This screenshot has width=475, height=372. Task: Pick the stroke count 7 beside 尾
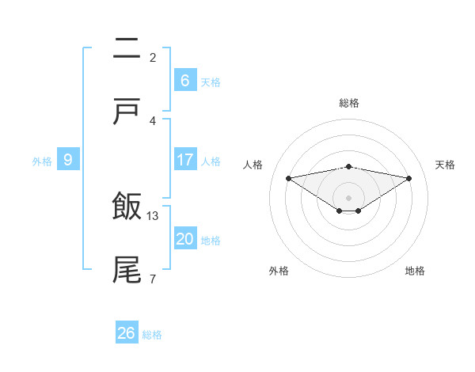pyautogui.click(x=153, y=279)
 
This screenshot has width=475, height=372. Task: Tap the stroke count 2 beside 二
pyautogui.click(x=153, y=57)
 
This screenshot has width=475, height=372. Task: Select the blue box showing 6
pyautogui.click(x=184, y=81)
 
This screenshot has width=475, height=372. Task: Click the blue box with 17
pyautogui.click(x=185, y=160)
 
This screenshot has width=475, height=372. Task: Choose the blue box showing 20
pyautogui.click(x=185, y=239)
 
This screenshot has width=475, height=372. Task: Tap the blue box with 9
pyautogui.click(x=68, y=160)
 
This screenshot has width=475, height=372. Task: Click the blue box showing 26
pyautogui.click(x=127, y=333)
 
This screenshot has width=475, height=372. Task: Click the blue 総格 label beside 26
pyautogui.click(x=153, y=335)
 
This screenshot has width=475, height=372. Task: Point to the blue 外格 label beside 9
pyautogui.click(x=42, y=161)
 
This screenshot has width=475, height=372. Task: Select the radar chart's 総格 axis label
pyautogui.click(x=349, y=103)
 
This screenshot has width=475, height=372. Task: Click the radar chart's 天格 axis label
pyautogui.click(x=446, y=165)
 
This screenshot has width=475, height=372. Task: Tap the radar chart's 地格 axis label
pyautogui.click(x=415, y=271)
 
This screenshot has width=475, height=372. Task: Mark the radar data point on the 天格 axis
pyautogui.click(x=409, y=178)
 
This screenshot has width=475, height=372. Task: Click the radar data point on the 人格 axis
pyautogui.click(x=289, y=178)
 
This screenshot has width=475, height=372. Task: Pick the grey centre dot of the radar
pyautogui.click(x=349, y=197)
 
